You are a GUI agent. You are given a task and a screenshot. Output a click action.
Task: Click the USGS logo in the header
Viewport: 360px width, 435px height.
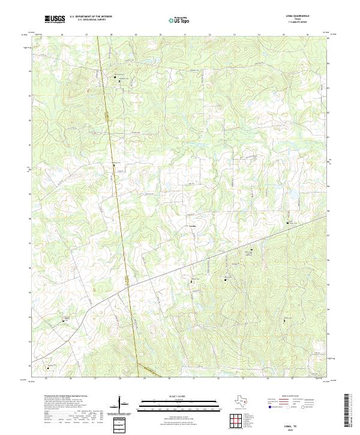(x=55, y=20)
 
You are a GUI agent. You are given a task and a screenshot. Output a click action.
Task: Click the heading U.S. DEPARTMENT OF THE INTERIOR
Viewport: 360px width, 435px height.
(x=91, y=17)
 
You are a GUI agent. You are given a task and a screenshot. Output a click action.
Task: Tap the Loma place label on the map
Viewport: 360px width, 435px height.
(x=192, y=226)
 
